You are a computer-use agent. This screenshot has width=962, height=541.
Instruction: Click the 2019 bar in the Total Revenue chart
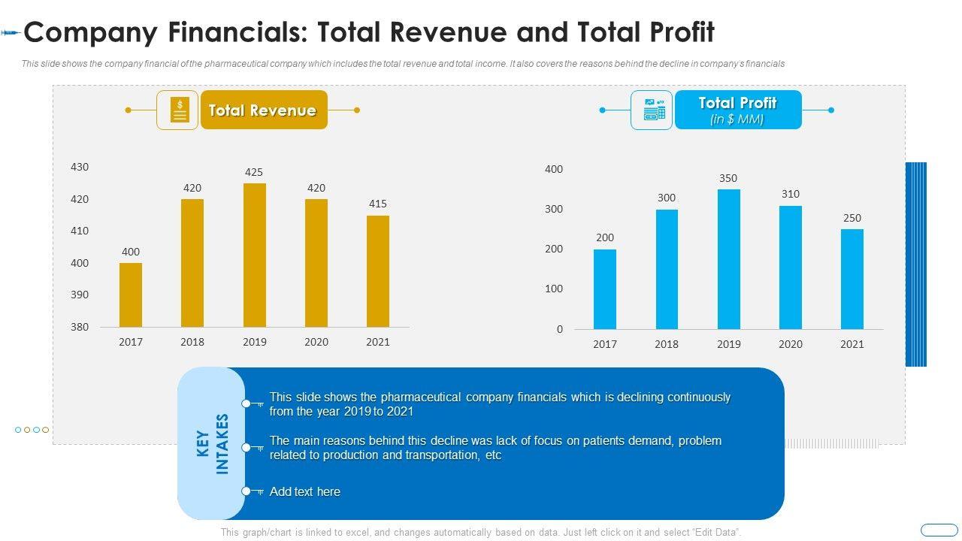255,255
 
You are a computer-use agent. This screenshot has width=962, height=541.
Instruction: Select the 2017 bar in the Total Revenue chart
131,295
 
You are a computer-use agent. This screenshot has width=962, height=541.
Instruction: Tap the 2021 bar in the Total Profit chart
852,279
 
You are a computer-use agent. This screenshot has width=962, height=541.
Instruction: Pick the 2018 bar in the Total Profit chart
667,269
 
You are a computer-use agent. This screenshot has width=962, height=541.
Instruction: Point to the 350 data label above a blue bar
728,179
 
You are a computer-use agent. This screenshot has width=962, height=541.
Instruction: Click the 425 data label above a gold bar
254,172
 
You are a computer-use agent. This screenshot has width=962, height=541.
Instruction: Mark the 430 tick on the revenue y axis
80,167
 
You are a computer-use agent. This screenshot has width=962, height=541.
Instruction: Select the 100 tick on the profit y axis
554,289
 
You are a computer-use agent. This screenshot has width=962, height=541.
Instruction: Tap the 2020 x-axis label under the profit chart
791,344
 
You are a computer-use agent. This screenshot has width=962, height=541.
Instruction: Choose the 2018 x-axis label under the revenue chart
192,342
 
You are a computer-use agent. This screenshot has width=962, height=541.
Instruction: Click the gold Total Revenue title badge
263,110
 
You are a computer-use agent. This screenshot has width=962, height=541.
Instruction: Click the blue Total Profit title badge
737,110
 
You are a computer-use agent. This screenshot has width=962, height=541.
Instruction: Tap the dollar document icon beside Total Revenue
178,110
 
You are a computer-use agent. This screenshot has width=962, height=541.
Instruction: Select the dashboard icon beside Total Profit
652,110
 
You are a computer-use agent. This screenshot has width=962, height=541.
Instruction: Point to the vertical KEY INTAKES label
212,443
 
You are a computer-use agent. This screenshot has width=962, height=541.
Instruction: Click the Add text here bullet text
305,491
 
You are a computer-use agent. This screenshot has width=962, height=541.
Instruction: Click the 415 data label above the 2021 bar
378,204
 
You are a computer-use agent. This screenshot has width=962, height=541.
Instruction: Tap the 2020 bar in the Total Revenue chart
316,263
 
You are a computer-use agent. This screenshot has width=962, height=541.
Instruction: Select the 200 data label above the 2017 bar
605,237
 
